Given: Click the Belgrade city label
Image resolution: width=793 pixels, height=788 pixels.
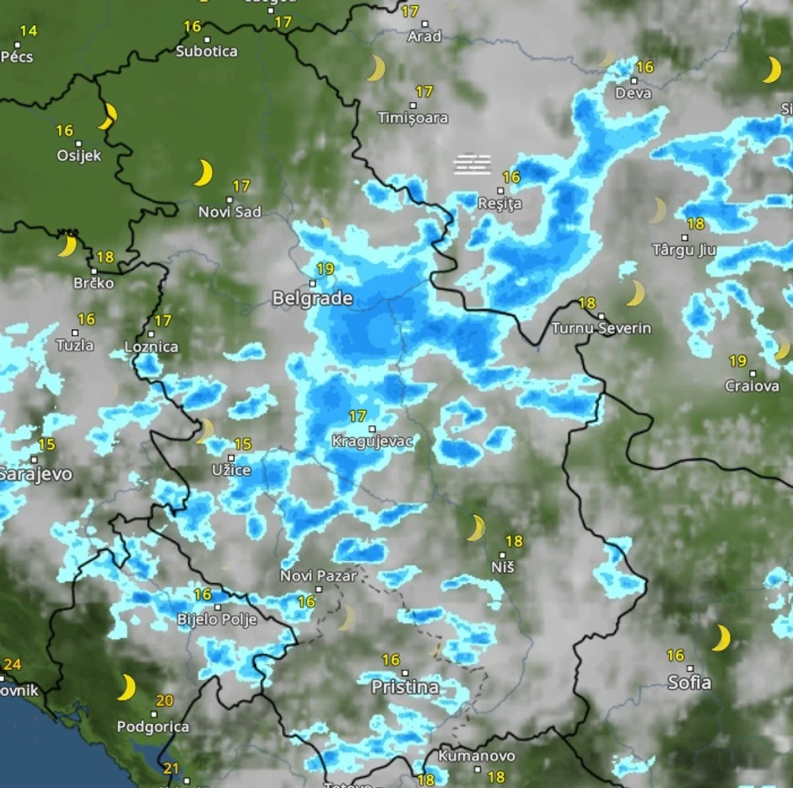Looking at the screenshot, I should (312, 299).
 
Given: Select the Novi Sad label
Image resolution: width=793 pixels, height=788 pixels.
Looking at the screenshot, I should (229, 212).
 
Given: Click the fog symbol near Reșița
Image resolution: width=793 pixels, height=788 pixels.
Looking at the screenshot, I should (472, 164).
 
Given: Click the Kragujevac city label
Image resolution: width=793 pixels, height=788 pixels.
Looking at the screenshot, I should (372, 442).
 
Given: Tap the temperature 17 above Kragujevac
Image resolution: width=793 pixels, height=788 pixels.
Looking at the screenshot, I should (358, 416).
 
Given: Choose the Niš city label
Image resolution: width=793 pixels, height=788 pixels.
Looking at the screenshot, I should (503, 568).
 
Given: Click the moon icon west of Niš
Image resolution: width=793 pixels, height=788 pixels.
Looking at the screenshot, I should (477, 528).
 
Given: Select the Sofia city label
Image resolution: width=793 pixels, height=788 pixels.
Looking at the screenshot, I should (689, 683).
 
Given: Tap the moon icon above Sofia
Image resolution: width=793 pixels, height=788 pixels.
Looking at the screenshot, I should (720, 638).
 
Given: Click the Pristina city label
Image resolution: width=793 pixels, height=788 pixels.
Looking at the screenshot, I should (405, 688).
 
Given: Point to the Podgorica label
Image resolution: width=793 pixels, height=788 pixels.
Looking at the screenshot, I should (153, 726).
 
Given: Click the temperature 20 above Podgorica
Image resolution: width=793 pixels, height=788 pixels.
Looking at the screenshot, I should (165, 701).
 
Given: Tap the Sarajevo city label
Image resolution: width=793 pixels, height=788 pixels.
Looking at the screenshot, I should (35, 474).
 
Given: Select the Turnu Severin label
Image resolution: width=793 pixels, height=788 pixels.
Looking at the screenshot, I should (601, 327).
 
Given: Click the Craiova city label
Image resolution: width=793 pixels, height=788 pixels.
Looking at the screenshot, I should (752, 386).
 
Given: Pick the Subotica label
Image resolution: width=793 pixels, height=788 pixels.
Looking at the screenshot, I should (207, 51).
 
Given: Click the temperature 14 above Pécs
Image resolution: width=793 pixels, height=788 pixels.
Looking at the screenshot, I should (29, 31).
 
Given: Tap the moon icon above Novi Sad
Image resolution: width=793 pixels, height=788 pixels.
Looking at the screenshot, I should (202, 172).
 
